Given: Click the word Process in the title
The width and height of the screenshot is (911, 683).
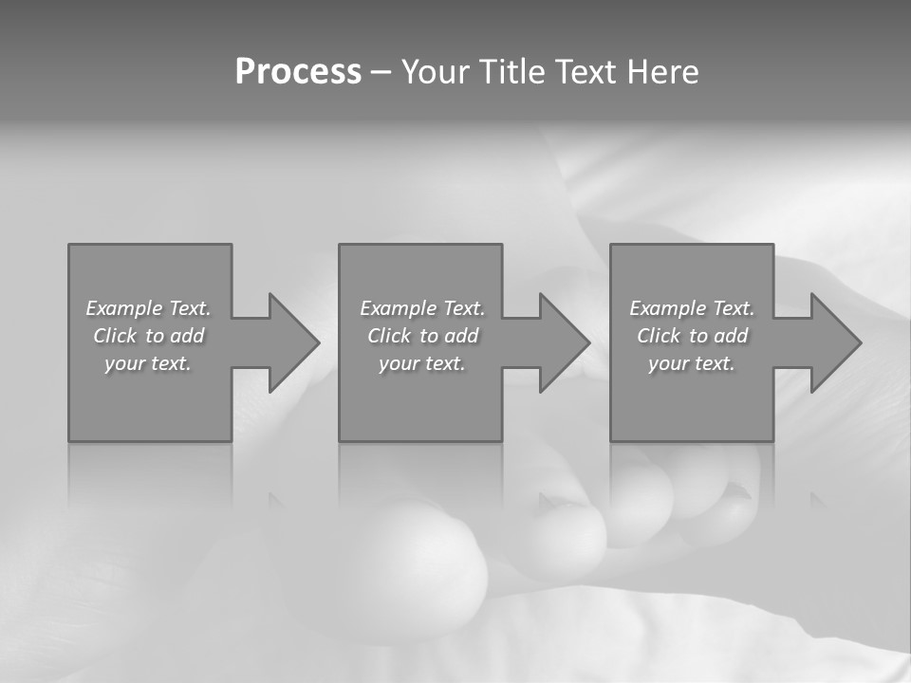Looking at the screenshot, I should [x=298, y=72].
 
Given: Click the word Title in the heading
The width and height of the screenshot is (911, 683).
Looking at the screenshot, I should [x=509, y=72].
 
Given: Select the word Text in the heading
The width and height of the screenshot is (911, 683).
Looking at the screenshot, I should [x=584, y=72].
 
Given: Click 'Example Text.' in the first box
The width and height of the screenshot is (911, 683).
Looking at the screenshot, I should [x=148, y=308].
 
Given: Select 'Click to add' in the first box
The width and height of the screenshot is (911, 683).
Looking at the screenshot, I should [x=148, y=336].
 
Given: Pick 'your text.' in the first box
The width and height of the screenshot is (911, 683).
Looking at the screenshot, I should [x=148, y=363].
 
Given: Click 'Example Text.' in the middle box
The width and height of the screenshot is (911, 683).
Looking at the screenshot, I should [x=421, y=308].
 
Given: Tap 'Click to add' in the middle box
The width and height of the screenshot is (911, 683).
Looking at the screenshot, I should [x=421, y=336].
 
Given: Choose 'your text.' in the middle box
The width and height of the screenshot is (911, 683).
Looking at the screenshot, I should [x=421, y=363].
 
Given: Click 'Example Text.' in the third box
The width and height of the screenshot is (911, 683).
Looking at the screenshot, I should [x=692, y=308].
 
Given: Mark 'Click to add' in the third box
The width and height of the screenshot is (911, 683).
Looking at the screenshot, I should [x=692, y=336].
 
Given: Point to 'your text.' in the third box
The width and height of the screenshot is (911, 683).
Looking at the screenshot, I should [x=692, y=363].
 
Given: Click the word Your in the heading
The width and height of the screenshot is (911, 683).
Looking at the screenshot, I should [x=435, y=72].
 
